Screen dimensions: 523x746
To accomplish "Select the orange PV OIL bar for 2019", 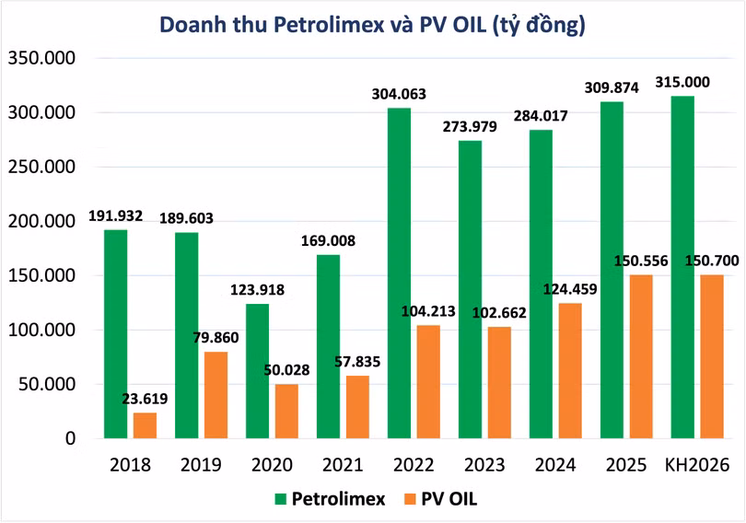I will click(x=216, y=395).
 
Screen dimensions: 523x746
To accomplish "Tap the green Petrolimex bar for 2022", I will click(x=399, y=273).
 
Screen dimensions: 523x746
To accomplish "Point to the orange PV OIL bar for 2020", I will click(x=286, y=411).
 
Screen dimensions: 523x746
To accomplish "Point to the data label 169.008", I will click(x=328, y=241).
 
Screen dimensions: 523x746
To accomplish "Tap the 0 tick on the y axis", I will click(x=69, y=438).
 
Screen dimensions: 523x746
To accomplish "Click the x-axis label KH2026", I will click(x=697, y=465).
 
